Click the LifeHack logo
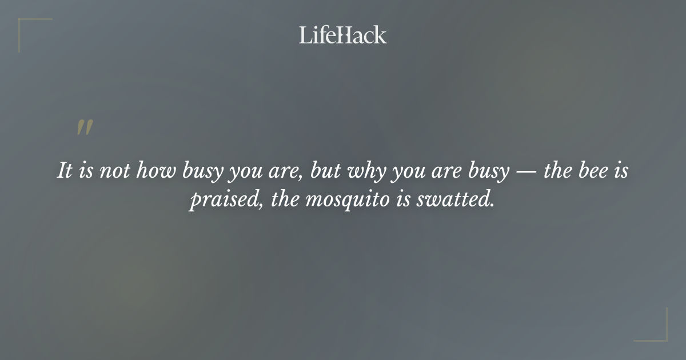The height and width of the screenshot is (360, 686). [343, 35]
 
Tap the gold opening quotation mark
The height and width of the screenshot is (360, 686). [85, 127]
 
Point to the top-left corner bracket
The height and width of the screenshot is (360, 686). [26, 26]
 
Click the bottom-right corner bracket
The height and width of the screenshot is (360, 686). [660, 334]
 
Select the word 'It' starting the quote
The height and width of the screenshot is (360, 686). [65, 171]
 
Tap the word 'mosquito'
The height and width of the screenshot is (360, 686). [345, 202]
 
